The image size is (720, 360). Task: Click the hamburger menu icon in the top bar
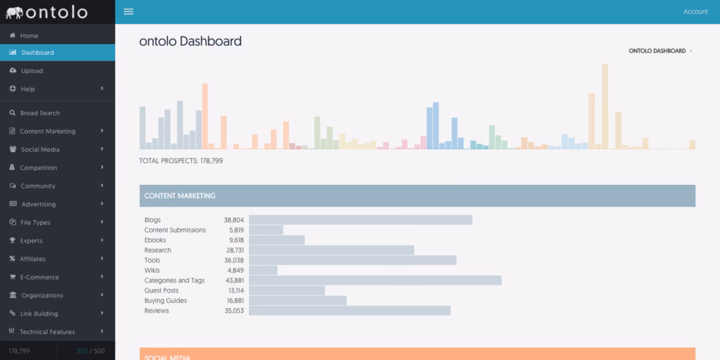pos(129,11)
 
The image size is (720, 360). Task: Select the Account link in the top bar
pos(695,12)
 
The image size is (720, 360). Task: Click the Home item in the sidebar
pos(29,36)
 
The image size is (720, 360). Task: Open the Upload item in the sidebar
pos(32,71)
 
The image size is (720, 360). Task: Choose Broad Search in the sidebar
pos(39,113)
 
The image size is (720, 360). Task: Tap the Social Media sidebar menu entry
pos(40,150)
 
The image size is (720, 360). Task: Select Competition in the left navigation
pos(38,168)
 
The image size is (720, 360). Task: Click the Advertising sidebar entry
pos(38,205)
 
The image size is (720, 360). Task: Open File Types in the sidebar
pos(35,223)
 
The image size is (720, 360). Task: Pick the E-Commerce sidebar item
pos(39,277)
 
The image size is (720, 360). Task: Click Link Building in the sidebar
pos(39,314)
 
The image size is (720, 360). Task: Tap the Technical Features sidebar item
pos(46,332)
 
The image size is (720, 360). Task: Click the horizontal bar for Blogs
pos(360,220)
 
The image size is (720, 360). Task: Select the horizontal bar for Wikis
pos(263,270)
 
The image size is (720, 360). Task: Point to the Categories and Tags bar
pos(375,281)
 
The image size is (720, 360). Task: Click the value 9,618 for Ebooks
pos(236,240)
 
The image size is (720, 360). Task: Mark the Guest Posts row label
pos(161,290)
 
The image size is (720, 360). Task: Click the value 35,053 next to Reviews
pos(234,311)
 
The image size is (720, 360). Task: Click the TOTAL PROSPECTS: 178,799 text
pos(181,161)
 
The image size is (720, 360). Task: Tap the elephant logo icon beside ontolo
pos(14,13)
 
